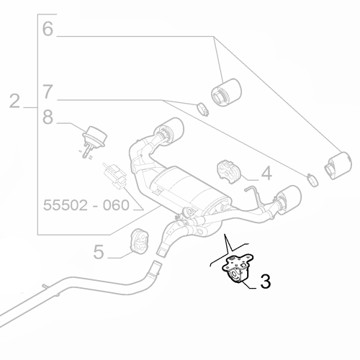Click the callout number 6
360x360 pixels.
pyautogui.click(x=48, y=30)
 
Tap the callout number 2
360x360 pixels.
pyautogui.click(x=15, y=101)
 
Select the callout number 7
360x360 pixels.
pyautogui.click(x=48, y=92)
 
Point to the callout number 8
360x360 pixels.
pyautogui.click(x=48, y=117)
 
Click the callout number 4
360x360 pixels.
pyautogui.click(x=266, y=173)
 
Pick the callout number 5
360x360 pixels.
pyautogui.click(x=100, y=251)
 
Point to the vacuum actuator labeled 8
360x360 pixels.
pyautogui.click(x=92, y=136)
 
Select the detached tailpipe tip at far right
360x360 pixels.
pyautogui.click(x=337, y=166)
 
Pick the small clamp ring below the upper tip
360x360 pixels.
pyautogui.click(x=203, y=110)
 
